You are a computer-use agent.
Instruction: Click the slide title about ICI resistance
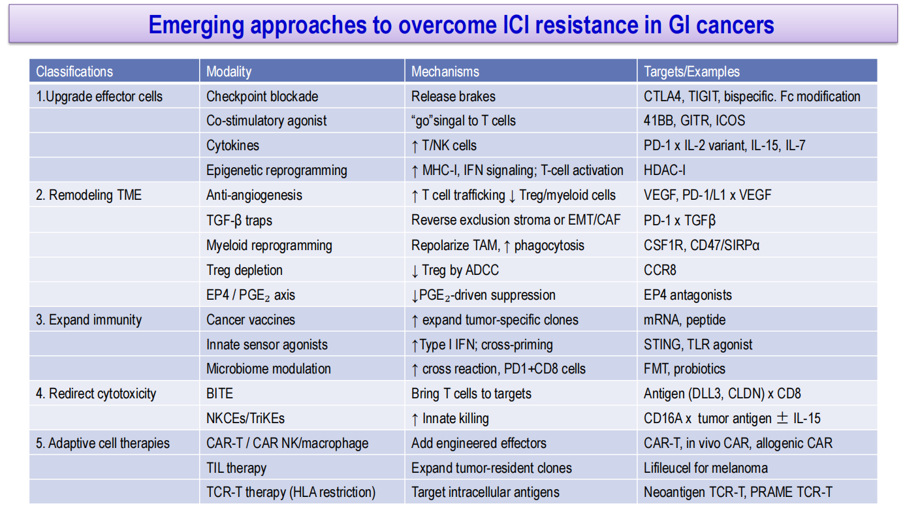pos(462,25)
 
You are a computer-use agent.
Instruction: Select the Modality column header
pos(229,72)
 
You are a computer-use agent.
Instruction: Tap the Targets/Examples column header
pos(691,72)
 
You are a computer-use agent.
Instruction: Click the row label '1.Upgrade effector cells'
pos(99,97)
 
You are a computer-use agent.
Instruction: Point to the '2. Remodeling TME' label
pos(89,195)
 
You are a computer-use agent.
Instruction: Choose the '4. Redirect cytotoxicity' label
pos(96,394)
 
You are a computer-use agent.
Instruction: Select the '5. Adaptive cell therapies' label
pos(103,443)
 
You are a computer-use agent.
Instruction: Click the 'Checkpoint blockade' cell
pos(262,97)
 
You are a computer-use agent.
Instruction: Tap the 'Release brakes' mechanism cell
pos(453,97)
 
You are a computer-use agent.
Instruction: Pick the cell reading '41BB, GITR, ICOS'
pos(695,121)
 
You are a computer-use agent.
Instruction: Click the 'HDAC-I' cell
pos(665,170)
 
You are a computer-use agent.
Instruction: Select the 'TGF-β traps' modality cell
pos(239,221)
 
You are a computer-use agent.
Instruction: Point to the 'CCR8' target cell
pos(659,270)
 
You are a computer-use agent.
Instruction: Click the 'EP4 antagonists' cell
pos(688,295)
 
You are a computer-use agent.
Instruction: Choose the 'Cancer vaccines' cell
pos(251,320)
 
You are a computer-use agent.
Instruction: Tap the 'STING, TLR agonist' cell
pos(698,345)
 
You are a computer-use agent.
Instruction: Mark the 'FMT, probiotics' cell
pos(684,369)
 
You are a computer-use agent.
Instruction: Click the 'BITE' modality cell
pos(220,394)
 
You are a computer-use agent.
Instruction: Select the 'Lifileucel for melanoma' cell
pos(706,468)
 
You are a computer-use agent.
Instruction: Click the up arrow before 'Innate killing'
pos(415,419)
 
